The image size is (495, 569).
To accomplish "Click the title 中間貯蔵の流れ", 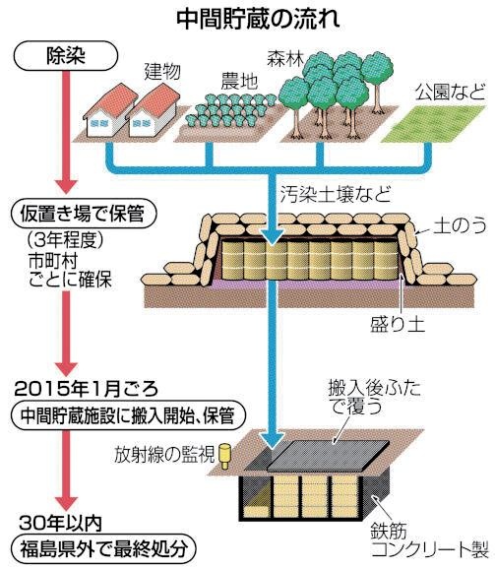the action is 258,19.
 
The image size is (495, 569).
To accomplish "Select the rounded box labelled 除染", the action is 66,55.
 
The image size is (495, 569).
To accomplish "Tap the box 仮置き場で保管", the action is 83,213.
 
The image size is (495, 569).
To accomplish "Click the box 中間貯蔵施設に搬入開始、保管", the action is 128,415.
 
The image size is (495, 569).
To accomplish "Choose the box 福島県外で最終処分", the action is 103,549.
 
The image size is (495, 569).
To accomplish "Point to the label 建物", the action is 162,72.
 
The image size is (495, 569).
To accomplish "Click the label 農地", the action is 239,81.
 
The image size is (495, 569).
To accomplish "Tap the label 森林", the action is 285,58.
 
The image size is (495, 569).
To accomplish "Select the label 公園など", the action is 450,92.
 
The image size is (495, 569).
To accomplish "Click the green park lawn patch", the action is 434,124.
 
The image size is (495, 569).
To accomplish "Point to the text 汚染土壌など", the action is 336,194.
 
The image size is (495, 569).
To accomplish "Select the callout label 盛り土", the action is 398,324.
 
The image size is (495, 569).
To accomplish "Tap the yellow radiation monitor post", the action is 225,456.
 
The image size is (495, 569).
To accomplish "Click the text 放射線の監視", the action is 164,455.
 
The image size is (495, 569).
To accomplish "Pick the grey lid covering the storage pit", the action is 328,456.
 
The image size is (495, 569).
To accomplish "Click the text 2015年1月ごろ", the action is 87,389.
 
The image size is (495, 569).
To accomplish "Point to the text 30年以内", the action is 61,523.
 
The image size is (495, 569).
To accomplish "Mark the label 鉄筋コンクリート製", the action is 429,540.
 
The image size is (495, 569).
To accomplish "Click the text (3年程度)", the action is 65,239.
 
